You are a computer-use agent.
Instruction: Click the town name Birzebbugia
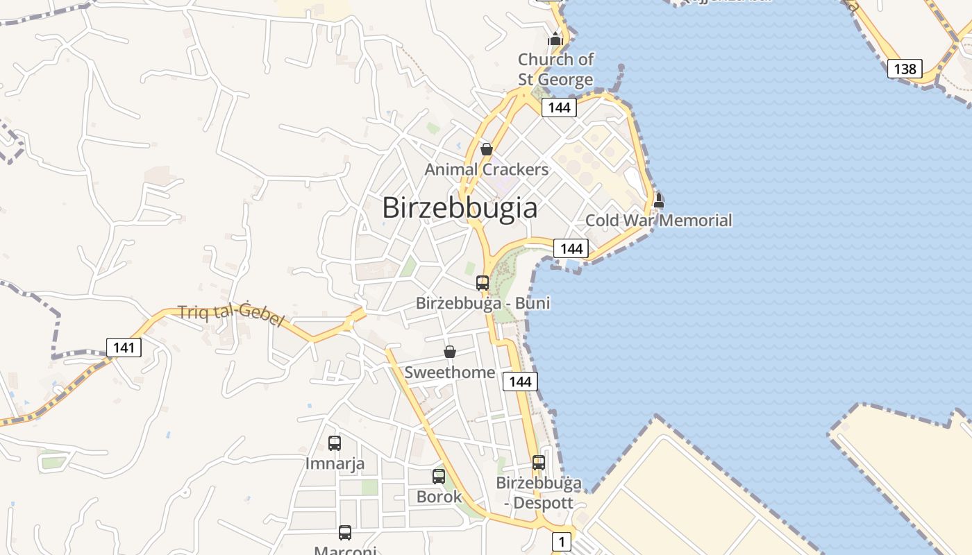460,208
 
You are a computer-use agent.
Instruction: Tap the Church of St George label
555,69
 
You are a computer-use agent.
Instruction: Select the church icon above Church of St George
555,39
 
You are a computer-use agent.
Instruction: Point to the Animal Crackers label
486,169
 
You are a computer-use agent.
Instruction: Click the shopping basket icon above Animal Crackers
487,149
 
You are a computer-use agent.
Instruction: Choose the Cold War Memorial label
658,221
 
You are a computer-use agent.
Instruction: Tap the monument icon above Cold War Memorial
659,200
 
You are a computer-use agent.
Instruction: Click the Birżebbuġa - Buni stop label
483,303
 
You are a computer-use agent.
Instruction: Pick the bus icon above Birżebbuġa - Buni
483,283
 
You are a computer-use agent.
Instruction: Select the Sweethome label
450,373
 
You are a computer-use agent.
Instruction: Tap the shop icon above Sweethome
450,352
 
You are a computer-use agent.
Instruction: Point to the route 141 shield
124,347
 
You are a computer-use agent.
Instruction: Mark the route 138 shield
905,69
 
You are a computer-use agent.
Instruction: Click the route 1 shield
561,541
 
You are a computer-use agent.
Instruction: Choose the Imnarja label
335,463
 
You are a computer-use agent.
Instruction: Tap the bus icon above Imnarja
335,443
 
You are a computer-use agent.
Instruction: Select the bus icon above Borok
439,477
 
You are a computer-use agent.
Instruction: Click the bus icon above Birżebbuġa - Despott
539,462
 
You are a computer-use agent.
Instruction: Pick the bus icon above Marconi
345,533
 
